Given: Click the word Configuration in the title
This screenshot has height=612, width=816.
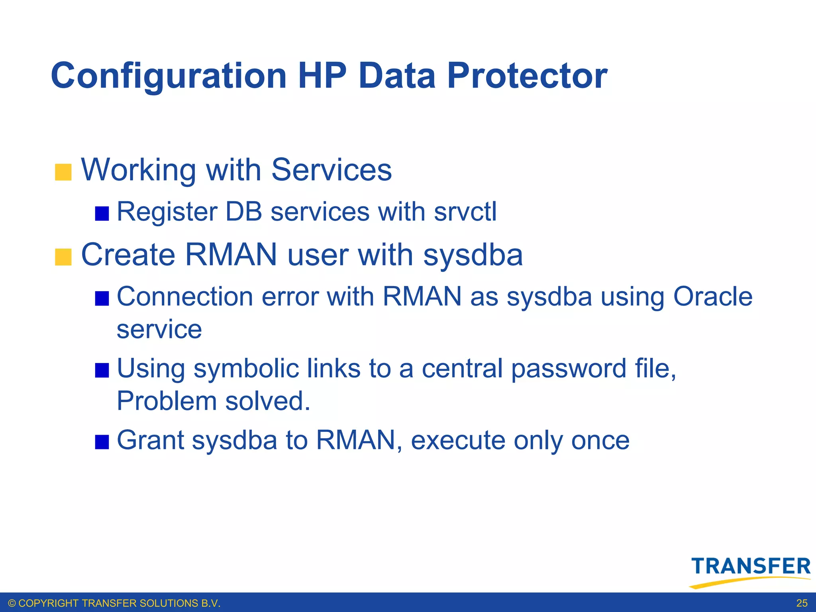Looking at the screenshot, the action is (x=169, y=76).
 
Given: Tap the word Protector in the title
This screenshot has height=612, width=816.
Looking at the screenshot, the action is (x=527, y=76).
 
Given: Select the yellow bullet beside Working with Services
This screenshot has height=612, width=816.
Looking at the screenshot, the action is (x=63, y=172).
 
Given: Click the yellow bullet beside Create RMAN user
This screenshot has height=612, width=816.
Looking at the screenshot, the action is (x=63, y=257).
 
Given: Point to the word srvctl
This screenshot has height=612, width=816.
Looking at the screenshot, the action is (x=465, y=212).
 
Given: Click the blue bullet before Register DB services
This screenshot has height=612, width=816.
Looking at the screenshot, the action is (x=102, y=214).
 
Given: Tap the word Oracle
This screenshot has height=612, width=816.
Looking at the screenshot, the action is (x=712, y=297).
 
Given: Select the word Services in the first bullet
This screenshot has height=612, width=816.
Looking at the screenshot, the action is (x=331, y=170).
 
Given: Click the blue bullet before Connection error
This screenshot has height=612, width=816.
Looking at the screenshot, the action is (x=102, y=298).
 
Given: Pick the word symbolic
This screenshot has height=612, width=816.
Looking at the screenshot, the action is (x=246, y=369).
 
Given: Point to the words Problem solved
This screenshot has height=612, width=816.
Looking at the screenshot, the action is (x=213, y=401).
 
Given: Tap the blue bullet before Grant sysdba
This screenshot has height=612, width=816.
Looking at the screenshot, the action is (x=102, y=442).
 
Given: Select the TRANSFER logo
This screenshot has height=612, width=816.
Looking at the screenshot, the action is (x=750, y=571).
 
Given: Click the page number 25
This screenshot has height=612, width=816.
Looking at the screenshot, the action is (x=802, y=603).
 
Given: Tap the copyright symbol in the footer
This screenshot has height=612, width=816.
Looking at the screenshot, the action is (x=12, y=603).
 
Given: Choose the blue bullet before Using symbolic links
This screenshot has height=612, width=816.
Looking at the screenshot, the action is (x=102, y=370).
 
